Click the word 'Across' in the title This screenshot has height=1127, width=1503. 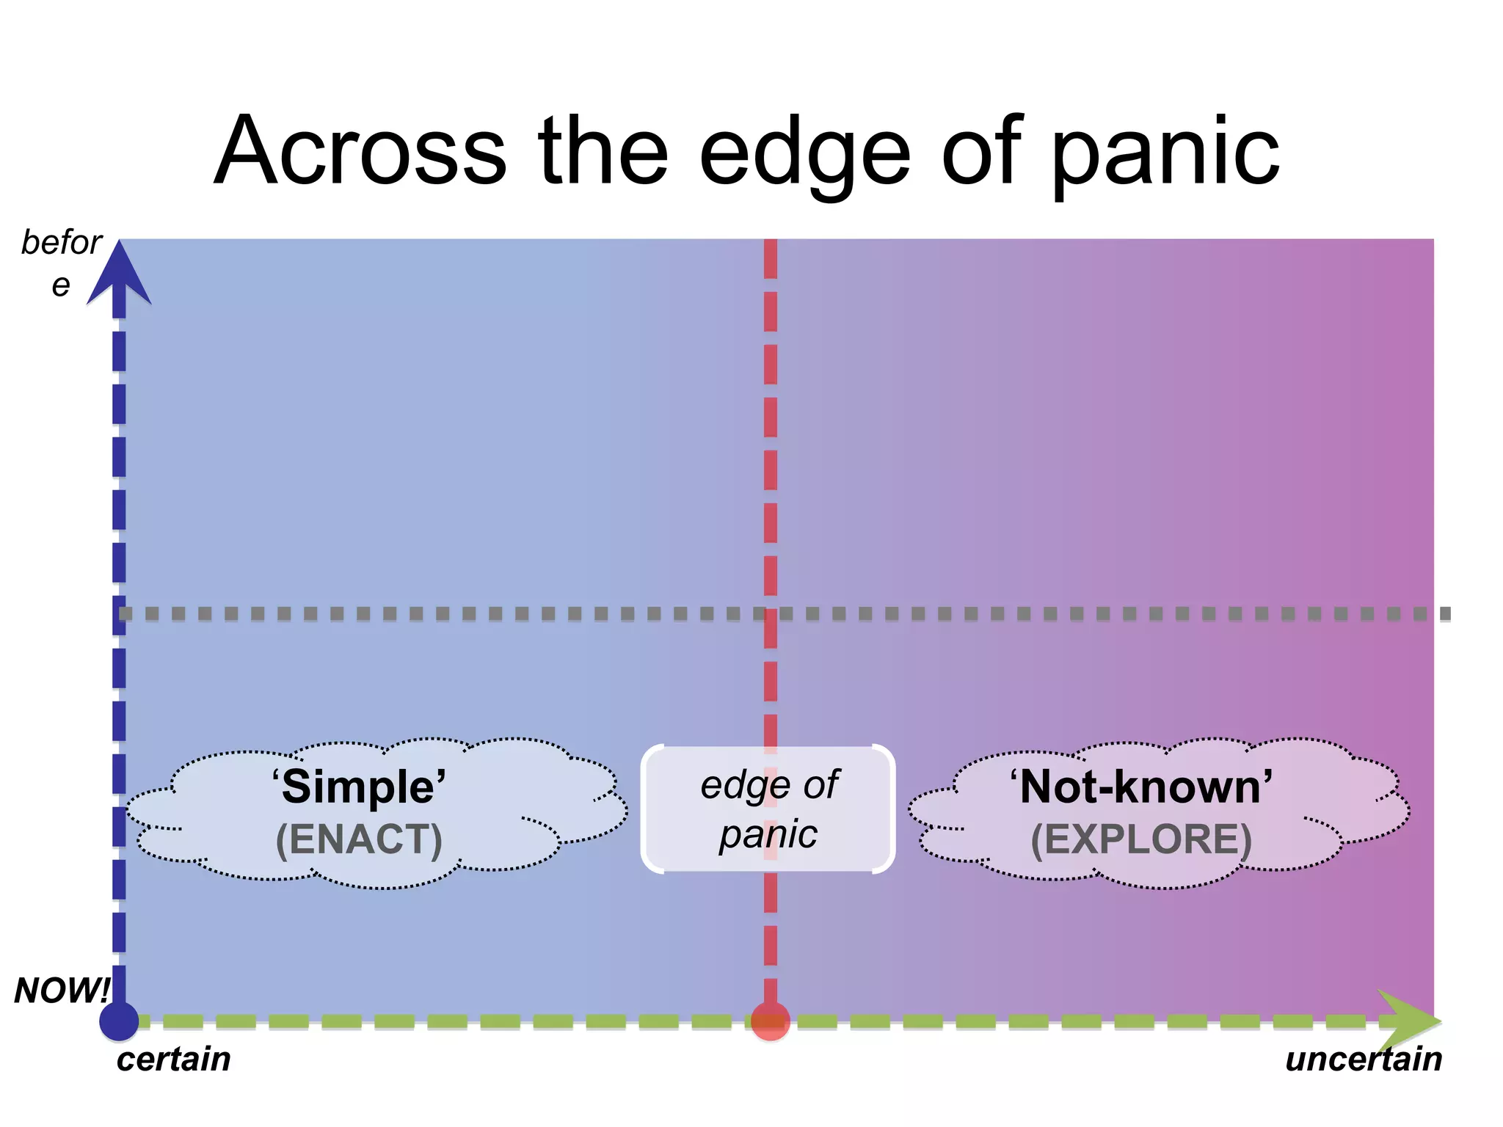tap(360, 151)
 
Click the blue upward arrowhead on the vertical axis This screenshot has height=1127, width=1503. tap(119, 275)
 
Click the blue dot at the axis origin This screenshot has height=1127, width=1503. tap(119, 1021)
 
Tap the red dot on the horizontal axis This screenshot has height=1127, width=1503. tap(770, 1021)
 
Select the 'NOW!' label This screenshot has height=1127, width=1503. tap(62, 991)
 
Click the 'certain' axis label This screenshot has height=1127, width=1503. tap(173, 1059)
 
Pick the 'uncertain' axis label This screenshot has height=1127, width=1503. tap(1364, 1059)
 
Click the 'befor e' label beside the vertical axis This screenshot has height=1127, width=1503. tap(62, 261)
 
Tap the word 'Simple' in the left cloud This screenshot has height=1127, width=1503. tap(359, 787)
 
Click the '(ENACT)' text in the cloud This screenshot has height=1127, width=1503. tap(359, 839)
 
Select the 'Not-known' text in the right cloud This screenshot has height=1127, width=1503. tap(1141, 787)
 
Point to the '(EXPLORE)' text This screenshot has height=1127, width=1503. tap(1141, 839)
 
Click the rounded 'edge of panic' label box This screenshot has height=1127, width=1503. tap(768, 809)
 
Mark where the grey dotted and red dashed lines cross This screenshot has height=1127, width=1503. tap(770, 613)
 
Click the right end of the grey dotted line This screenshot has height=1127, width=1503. tap(1444, 613)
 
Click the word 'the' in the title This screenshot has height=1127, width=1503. tap(603, 151)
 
